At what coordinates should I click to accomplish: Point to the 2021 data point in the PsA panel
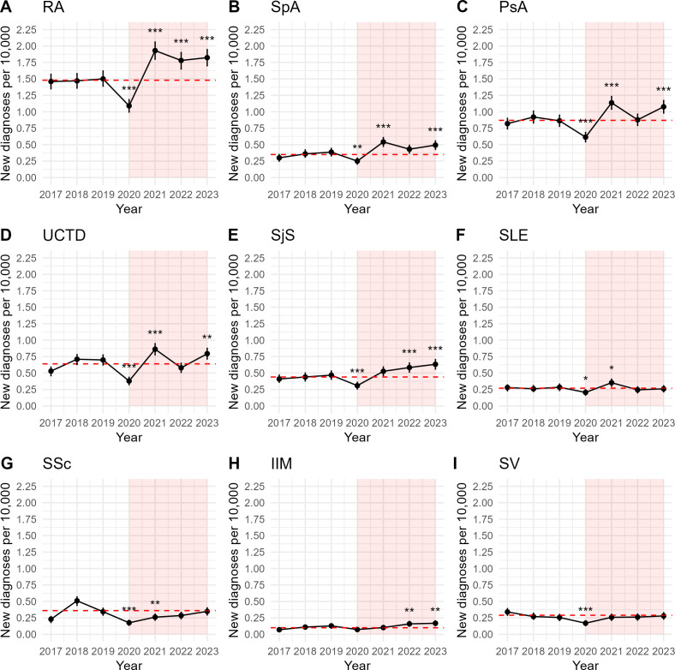(x=611, y=103)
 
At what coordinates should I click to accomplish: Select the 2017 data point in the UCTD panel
(x=51, y=371)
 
